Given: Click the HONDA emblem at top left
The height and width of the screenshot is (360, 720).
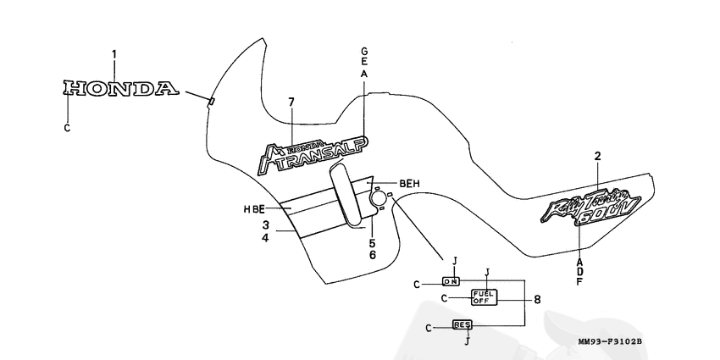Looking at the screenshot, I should pos(121,87).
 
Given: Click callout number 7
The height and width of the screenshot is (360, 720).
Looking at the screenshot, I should pos(291,102).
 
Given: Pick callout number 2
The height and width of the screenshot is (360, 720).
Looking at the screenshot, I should pos(597,157).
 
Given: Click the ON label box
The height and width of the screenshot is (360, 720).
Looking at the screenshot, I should pos(451,280).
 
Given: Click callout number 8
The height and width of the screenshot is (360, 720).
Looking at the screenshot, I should pos(536,299).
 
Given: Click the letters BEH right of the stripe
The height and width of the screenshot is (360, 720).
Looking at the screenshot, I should pos(409,183).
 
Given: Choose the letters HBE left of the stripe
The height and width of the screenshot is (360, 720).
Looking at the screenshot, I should pos(254,208).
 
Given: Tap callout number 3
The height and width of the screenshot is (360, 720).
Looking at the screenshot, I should pos(265,225).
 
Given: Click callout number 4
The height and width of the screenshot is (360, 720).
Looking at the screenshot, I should pos(265,239).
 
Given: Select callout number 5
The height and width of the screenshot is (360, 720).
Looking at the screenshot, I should pos(371,243).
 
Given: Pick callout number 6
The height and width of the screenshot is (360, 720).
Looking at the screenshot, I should pos(371,255).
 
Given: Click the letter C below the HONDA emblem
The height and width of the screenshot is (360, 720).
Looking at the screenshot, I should pos(68,128).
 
